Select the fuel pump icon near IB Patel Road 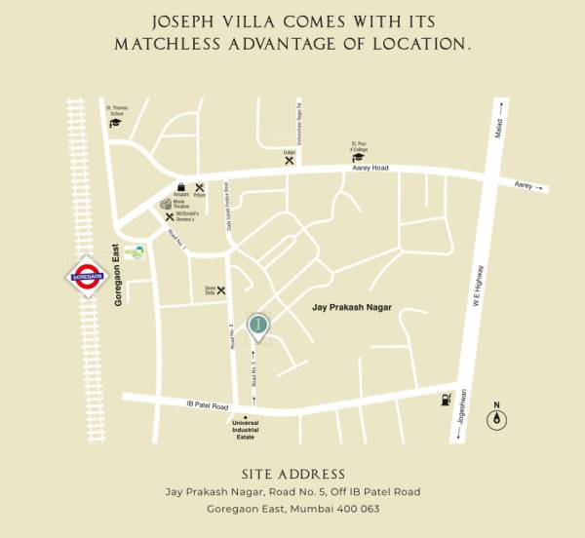point(446,399)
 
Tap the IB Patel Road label point(206,405)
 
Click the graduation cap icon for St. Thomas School point(117,127)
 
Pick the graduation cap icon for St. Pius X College point(359,157)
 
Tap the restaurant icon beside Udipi point(290,161)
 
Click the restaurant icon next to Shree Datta point(221,289)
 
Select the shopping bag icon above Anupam point(180,187)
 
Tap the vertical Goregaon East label point(118,275)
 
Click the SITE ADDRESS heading point(292,474)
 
